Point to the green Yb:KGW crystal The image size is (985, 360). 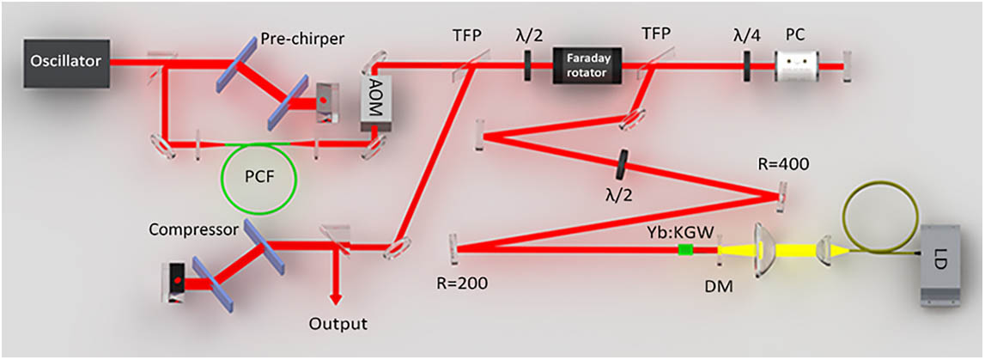click(685, 250)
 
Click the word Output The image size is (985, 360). click(338, 324)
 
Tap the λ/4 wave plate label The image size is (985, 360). click(745, 34)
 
